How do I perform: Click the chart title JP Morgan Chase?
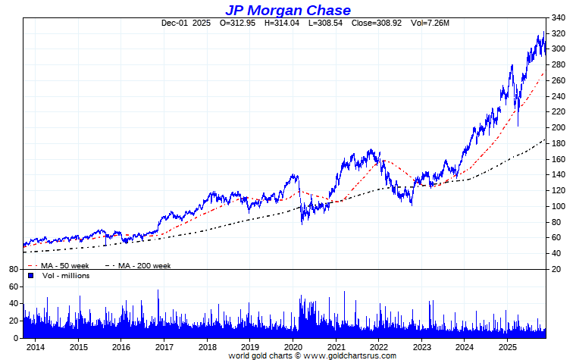[288, 10]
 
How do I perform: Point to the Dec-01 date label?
[175, 23]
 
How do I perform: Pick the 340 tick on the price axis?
[560, 17]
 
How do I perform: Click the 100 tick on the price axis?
[560, 206]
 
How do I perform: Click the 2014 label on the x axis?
[36, 346]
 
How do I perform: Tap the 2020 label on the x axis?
[294, 346]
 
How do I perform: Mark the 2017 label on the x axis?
[164, 346]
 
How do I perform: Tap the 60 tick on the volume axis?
[13, 286]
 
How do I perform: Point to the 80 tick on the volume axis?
[13, 269]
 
